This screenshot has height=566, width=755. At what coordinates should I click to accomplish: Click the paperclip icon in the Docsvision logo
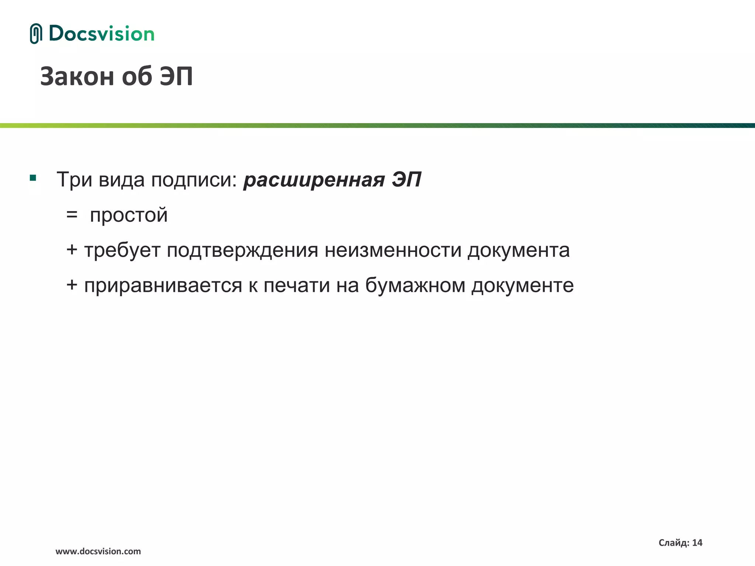pyautogui.click(x=36, y=34)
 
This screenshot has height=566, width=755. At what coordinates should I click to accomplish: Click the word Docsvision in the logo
pyautogui.click(x=101, y=34)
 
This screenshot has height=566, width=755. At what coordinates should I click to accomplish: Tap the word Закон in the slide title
pyautogui.click(x=77, y=77)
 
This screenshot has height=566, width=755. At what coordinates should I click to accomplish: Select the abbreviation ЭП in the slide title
pyautogui.click(x=176, y=77)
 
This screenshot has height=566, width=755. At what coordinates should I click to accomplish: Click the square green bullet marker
pyautogui.click(x=33, y=178)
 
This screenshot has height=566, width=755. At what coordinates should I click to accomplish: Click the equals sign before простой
pyautogui.click(x=72, y=214)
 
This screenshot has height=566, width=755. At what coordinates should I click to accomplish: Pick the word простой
pyautogui.click(x=129, y=215)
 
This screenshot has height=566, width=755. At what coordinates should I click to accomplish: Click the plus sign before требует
pyautogui.click(x=72, y=250)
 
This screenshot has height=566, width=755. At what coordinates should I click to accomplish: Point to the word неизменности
pyautogui.click(x=393, y=250)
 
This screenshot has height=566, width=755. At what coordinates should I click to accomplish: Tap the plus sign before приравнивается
pyautogui.click(x=72, y=285)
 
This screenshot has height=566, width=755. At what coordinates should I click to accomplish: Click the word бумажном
pyautogui.click(x=415, y=285)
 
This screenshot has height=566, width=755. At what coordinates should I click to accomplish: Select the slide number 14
pyautogui.click(x=697, y=543)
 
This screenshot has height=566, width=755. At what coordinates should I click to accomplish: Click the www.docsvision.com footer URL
pyautogui.click(x=98, y=551)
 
